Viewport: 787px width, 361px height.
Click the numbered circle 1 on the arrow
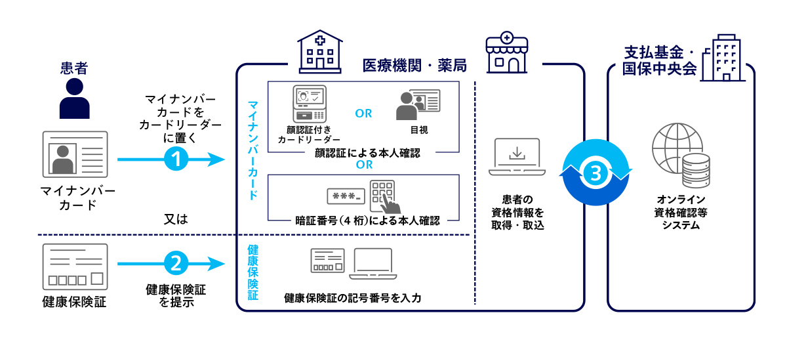click(176, 159)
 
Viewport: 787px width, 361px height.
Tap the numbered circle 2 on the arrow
click(176, 264)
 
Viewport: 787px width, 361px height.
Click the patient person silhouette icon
click(74, 98)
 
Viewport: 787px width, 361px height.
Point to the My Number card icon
click(75, 154)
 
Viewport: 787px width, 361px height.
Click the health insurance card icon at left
click(75, 267)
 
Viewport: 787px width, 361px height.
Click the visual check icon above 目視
click(418, 104)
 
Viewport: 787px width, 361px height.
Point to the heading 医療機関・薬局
click(414, 66)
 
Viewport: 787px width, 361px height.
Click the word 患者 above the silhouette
click(74, 68)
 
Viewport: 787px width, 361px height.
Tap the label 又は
click(175, 219)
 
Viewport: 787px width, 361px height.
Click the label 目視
click(418, 131)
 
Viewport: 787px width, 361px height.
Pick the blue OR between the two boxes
click(364, 165)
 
